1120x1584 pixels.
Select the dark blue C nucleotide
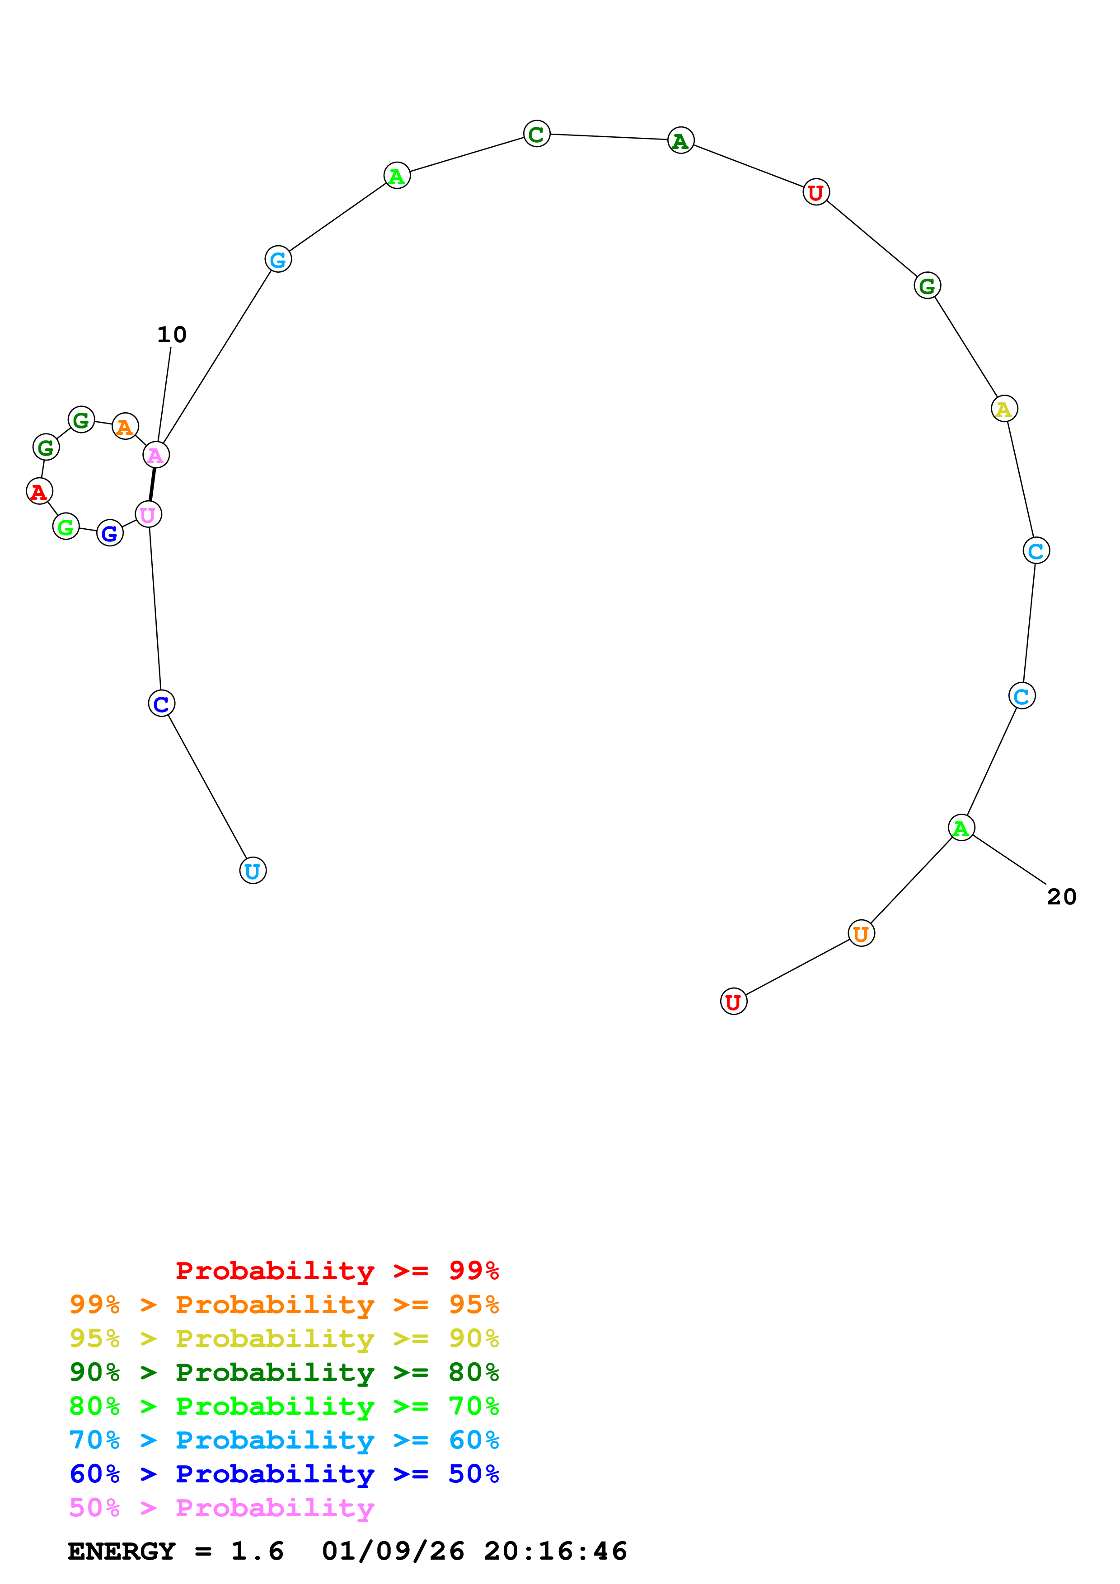pos(161,703)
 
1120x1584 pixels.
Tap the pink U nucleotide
pos(148,515)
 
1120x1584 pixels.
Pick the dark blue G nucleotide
pos(110,533)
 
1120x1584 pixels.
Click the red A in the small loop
pos(39,492)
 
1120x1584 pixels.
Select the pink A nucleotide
pos(156,455)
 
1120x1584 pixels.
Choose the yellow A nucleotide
pos(1004,409)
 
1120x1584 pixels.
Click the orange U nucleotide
pos(861,934)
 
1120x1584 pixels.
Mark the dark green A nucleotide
pos(680,141)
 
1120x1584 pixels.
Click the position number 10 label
pos(172,335)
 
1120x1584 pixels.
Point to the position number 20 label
pos(1061,897)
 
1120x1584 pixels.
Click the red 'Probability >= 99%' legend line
pos(337,1271)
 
